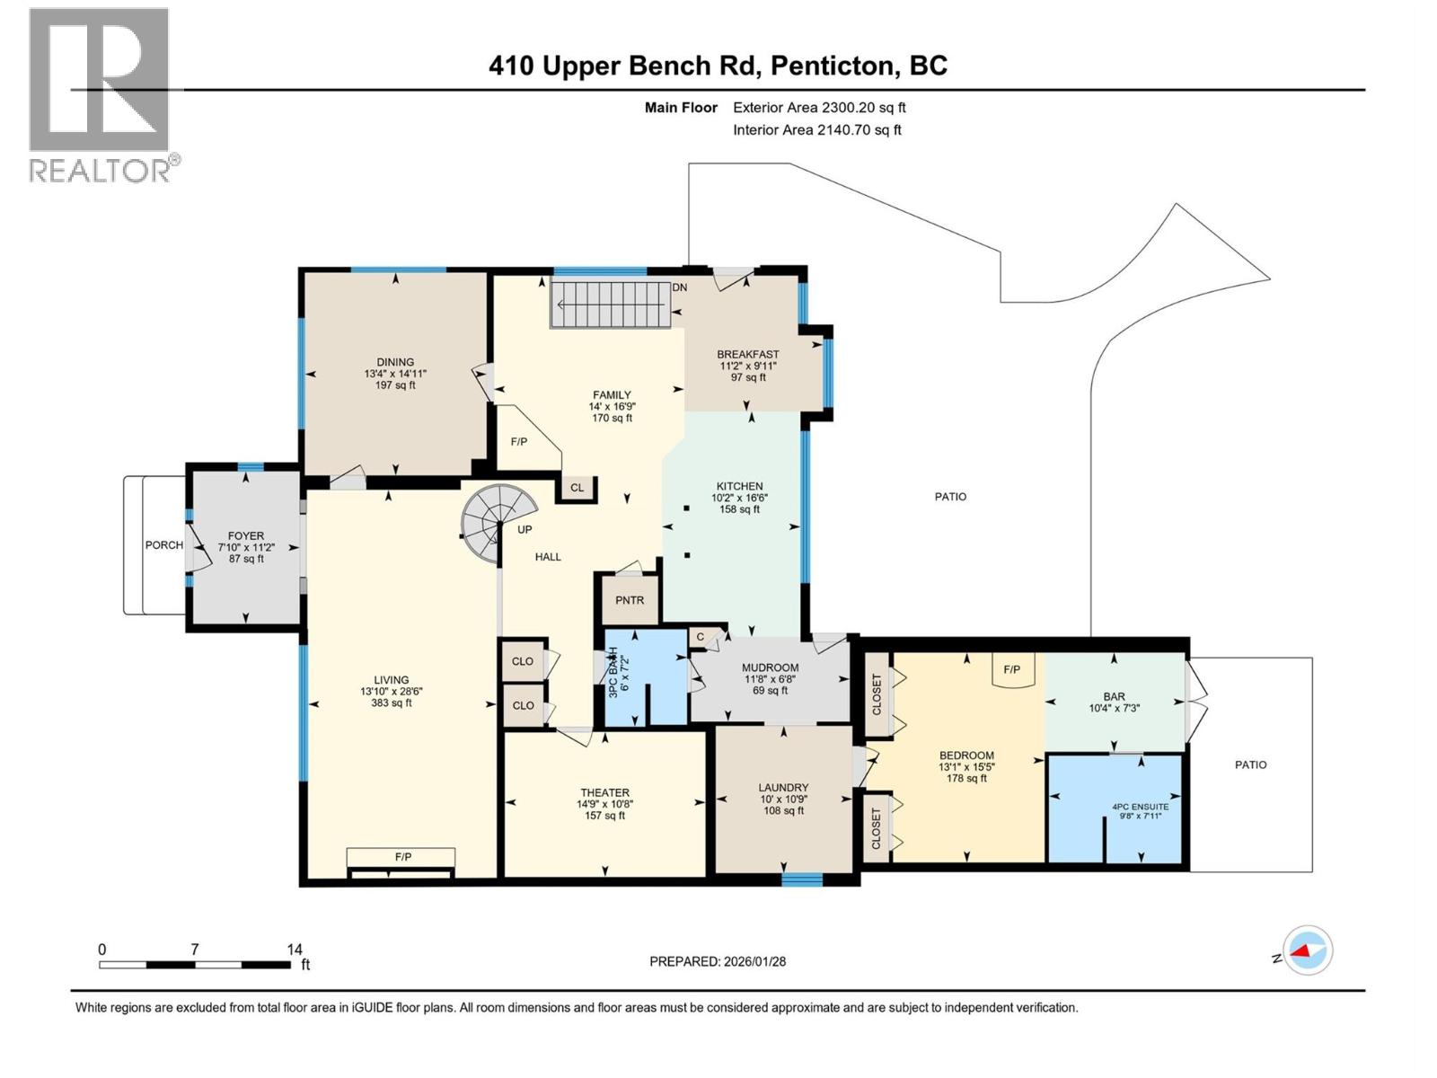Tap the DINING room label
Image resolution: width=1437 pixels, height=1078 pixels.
click(395, 363)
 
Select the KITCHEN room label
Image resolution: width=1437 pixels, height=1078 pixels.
click(739, 486)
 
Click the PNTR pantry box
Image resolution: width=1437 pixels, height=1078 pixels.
click(630, 600)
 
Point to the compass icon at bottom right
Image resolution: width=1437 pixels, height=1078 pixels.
click(1308, 950)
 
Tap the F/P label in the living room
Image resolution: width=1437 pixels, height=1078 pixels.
click(403, 857)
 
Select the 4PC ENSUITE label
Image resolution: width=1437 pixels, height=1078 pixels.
click(1140, 807)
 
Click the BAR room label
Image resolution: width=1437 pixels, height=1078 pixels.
click(1114, 696)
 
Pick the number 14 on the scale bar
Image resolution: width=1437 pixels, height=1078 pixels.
click(295, 949)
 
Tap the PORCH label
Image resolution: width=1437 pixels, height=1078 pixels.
click(164, 545)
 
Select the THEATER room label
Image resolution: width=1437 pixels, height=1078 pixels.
click(604, 792)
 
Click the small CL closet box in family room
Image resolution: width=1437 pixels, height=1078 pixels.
click(577, 488)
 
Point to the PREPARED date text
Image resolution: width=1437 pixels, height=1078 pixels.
click(718, 961)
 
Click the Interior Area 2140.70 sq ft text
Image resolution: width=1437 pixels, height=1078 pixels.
click(816, 129)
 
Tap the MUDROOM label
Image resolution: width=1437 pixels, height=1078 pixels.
click(770, 667)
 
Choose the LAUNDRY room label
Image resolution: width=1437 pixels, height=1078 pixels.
click(783, 787)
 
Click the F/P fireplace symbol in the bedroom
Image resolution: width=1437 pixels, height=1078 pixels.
click(1012, 670)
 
